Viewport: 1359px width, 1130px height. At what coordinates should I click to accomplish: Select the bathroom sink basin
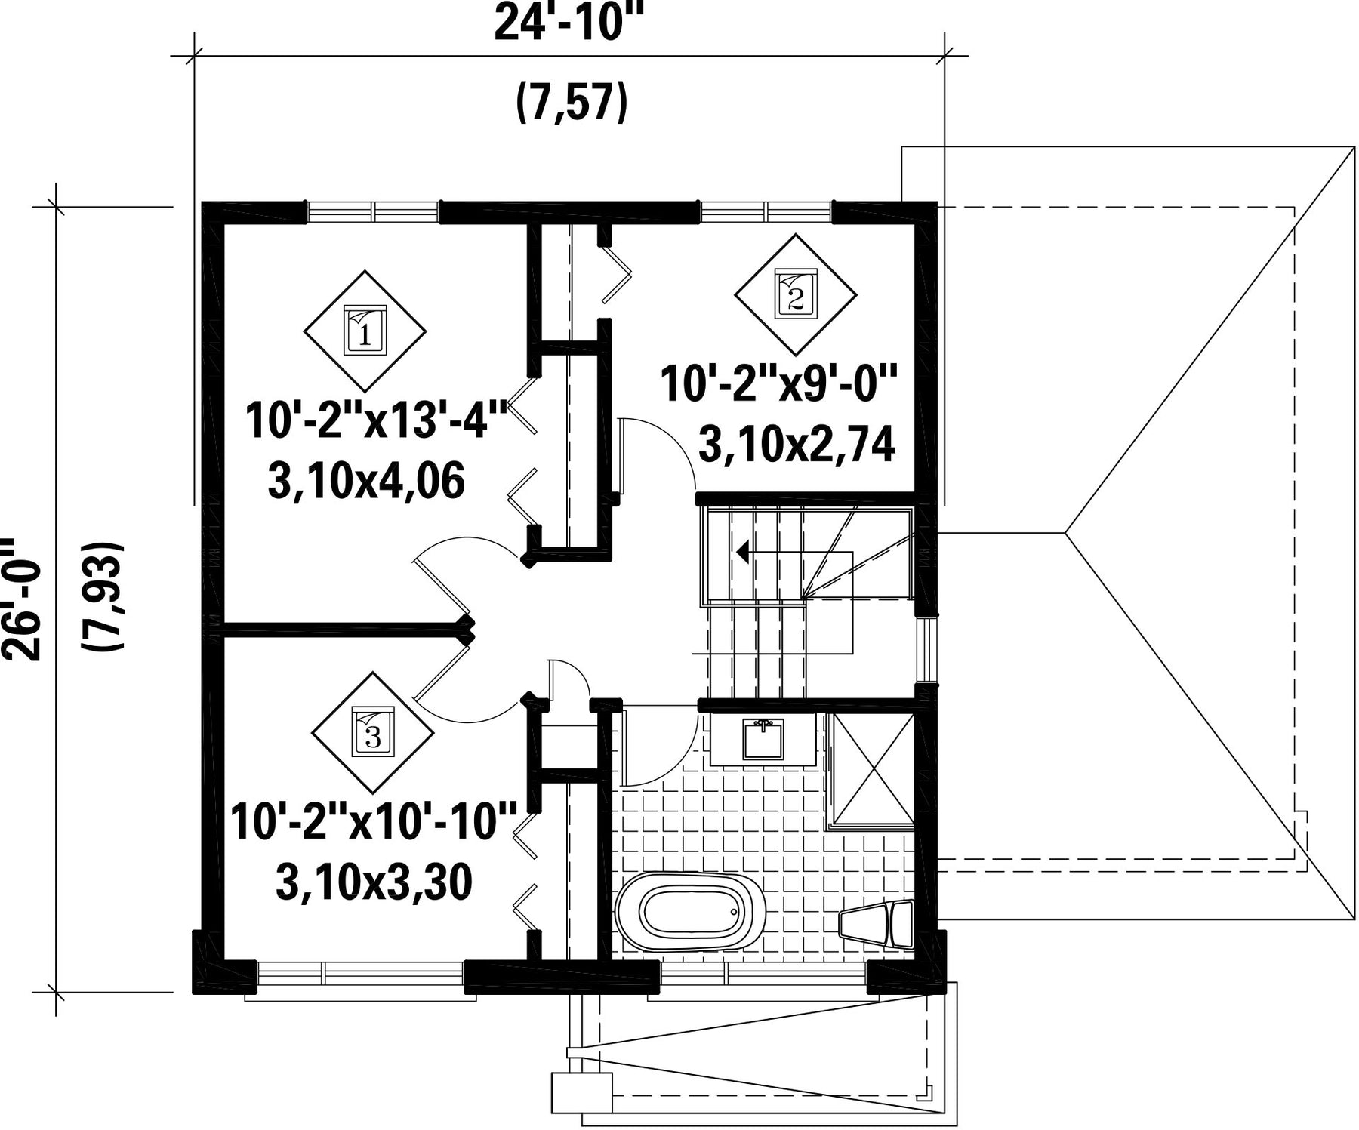click(x=763, y=739)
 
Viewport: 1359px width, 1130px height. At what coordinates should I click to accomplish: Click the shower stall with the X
click(x=871, y=771)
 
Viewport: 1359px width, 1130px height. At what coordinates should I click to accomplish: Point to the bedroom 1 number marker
click(x=365, y=330)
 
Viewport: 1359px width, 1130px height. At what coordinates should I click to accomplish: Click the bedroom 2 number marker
click(x=796, y=294)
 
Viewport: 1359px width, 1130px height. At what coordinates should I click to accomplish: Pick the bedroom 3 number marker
click(x=373, y=731)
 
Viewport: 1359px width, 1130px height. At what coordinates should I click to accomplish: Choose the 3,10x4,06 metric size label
click(x=366, y=482)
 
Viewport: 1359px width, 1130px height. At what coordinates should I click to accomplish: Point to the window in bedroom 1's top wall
click(x=372, y=212)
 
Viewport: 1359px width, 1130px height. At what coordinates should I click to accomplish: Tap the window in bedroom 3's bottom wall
click(x=361, y=972)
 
